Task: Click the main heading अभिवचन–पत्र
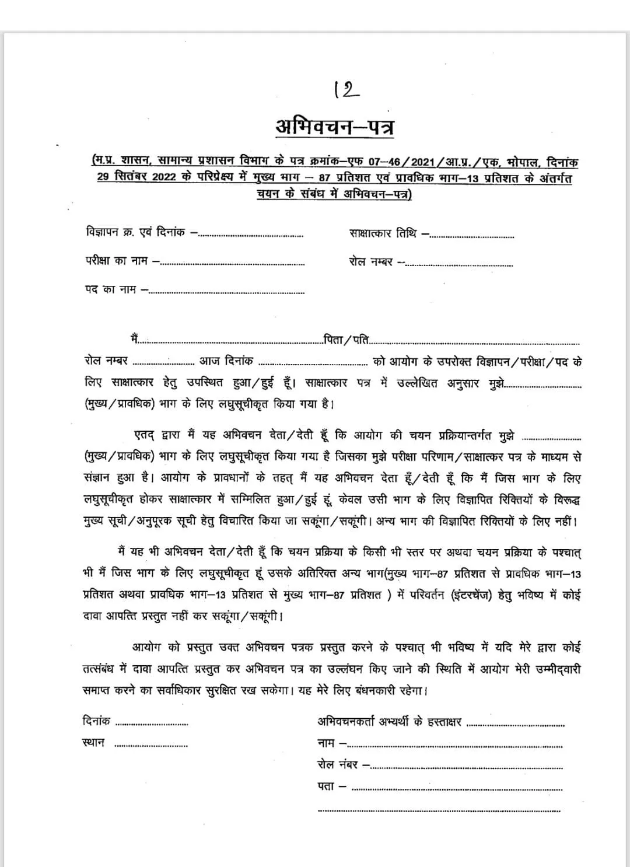[x=334, y=126]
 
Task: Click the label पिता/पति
[x=347, y=340]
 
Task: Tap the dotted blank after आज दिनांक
[x=313, y=364]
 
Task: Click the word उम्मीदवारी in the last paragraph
[x=558, y=669]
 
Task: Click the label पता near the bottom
[x=326, y=786]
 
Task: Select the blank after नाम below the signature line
[x=455, y=746]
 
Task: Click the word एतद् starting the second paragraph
[x=143, y=436]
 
